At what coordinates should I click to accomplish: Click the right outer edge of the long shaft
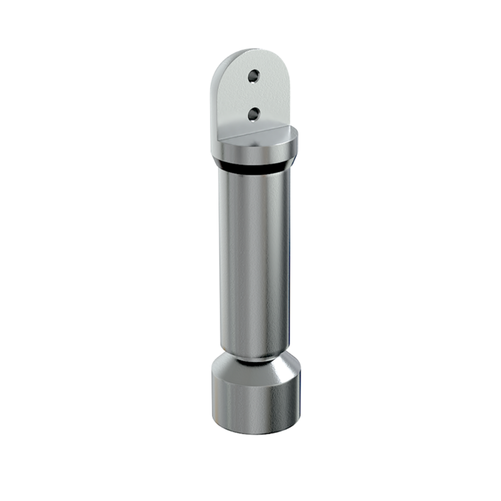(290, 261)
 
